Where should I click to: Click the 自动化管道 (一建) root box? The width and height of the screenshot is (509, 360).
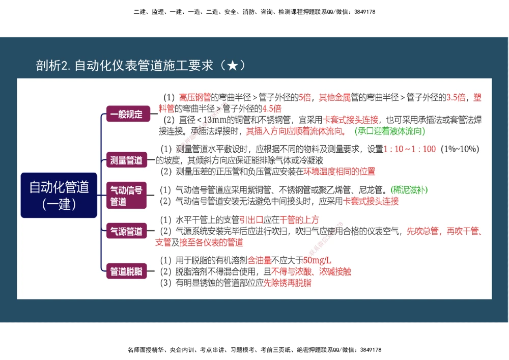click(59, 195)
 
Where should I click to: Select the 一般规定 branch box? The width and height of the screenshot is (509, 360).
click(127, 115)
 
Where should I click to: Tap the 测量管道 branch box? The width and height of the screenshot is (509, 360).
click(127, 160)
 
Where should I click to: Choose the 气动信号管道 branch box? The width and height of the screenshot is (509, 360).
click(127, 196)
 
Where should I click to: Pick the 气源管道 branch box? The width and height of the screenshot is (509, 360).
click(127, 232)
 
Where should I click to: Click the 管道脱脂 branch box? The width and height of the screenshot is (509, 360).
click(127, 271)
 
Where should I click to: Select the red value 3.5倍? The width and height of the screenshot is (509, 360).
click(456, 97)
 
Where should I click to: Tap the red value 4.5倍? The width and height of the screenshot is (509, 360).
click(272, 108)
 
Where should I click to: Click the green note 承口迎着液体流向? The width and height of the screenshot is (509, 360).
click(390, 131)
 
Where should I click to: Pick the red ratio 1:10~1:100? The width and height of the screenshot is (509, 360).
click(410, 149)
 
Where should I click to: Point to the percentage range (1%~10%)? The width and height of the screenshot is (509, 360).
click(460, 149)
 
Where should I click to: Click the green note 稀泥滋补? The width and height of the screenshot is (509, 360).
click(409, 189)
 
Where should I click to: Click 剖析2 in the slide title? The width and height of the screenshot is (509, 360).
click(53, 66)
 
